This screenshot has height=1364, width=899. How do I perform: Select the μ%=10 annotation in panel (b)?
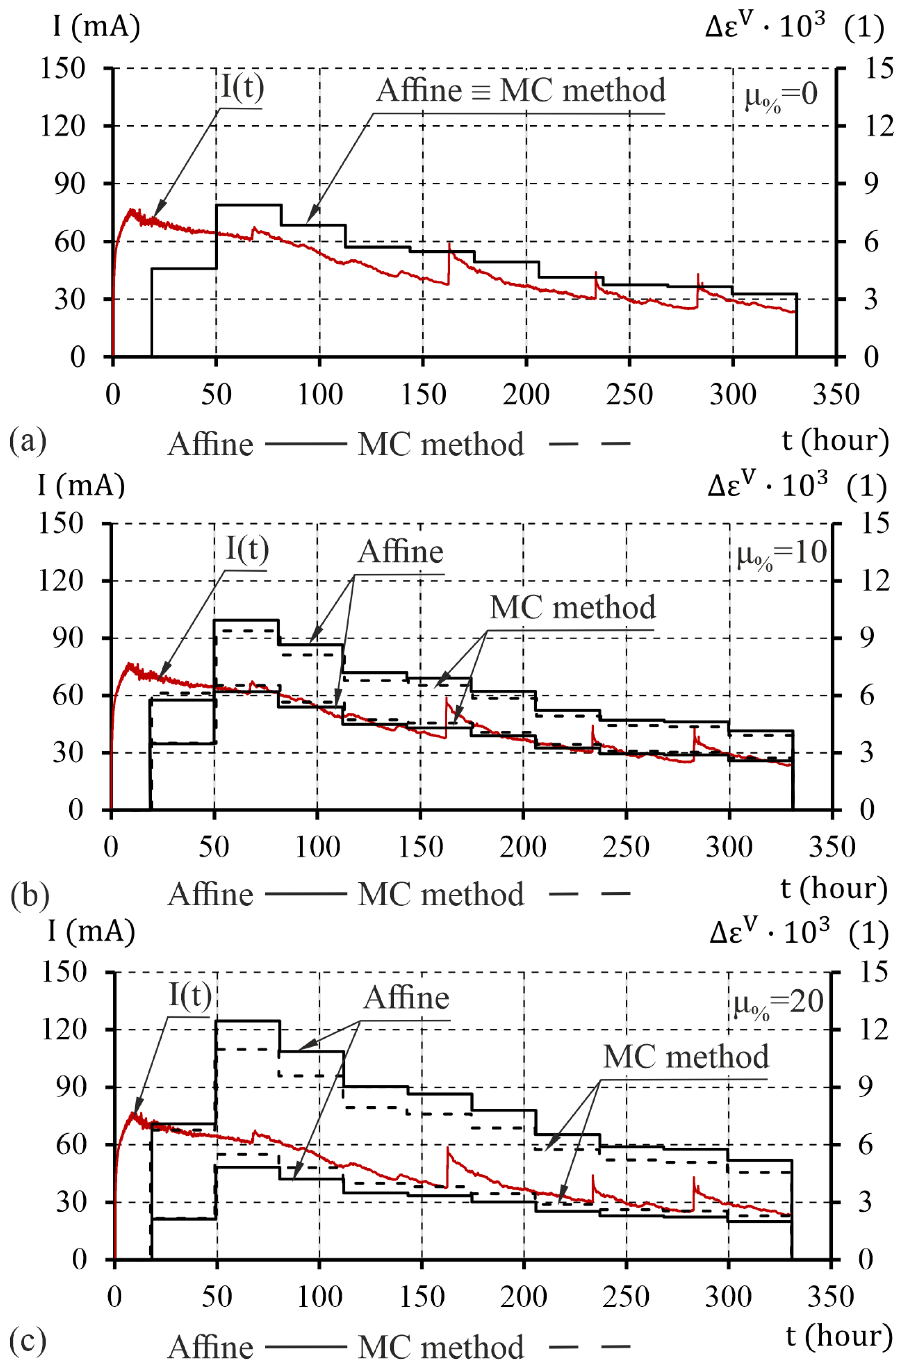coord(781,553)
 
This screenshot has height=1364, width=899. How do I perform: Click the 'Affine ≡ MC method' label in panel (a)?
coord(521,90)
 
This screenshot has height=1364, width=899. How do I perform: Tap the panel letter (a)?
coord(28,441)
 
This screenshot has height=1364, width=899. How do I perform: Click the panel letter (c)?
coord(28,1341)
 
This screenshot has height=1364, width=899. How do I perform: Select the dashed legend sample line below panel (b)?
coord(589,894)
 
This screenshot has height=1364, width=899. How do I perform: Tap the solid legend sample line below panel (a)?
coord(306,444)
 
